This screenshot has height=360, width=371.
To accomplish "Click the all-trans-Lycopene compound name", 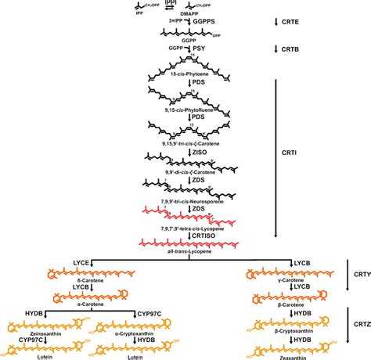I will pos(185,253).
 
